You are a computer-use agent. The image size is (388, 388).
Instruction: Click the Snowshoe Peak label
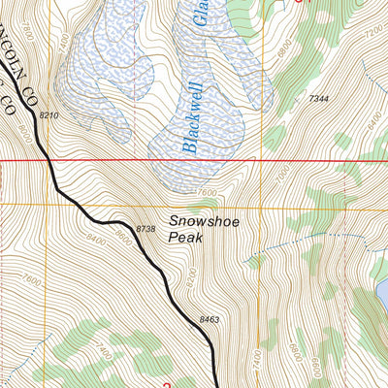[203, 228]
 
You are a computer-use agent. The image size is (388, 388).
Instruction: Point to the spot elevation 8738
[146, 228]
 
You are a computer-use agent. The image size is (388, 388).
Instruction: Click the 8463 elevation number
[210, 318]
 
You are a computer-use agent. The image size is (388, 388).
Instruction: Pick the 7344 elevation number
[320, 99]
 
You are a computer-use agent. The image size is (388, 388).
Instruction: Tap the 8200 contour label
[190, 276]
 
